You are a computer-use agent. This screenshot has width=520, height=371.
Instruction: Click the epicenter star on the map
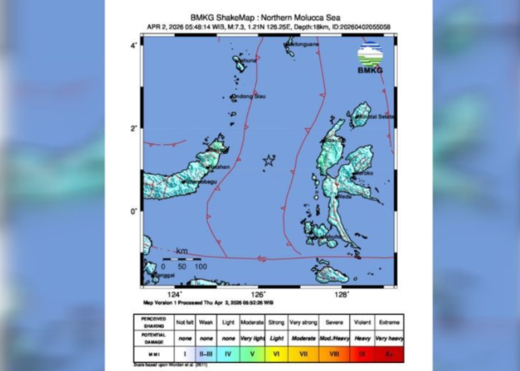click(x=268, y=160)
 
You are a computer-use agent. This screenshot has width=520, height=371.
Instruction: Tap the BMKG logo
click(x=370, y=58)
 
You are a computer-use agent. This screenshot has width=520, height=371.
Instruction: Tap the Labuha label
click(x=332, y=237)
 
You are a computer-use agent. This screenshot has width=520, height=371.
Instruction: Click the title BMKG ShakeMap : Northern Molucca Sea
click(x=270, y=18)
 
